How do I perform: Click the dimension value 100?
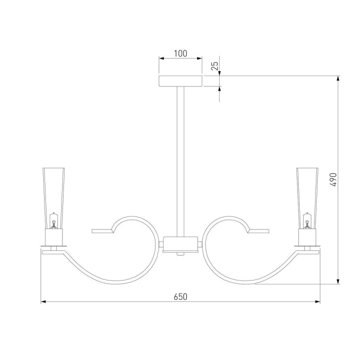click(x=180, y=54)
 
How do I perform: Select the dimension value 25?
click(x=215, y=66)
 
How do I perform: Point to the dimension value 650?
click(x=180, y=297)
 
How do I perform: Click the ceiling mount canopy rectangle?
click(x=180, y=81)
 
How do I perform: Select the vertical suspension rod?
click(x=180, y=162)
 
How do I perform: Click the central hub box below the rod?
click(x=180, y=244)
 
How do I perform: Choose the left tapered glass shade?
click(x=54, y=198)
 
